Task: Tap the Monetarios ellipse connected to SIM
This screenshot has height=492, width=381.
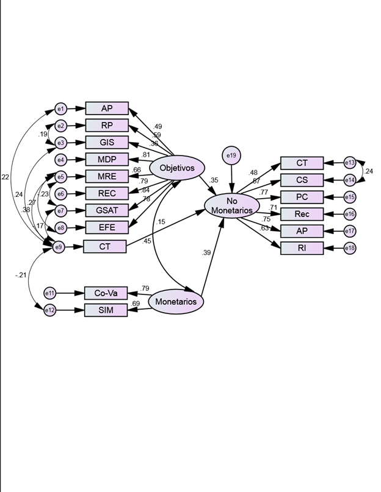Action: (x=176, y=301)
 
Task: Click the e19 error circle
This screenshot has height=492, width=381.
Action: (x=231, y=156)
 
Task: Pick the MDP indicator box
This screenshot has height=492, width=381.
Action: (x=107, y=160)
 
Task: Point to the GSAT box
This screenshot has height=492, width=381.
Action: (x=107, y=210)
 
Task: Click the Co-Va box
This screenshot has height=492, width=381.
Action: (x=106, y=293)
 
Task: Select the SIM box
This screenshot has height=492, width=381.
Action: (x=106, y=310)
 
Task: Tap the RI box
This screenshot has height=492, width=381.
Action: (x=302, y=248)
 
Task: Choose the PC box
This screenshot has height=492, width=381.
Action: (x=302, y=197)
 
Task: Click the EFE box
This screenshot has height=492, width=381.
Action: (x=107, y=227)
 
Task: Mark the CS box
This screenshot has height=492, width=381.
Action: (x=302, y=180)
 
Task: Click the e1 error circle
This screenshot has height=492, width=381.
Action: (x=60, y=109)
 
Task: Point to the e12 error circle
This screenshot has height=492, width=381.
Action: (x=50, y=310)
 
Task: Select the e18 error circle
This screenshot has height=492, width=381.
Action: (x=350, y=248)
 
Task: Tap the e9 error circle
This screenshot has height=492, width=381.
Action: (x=59, y=247)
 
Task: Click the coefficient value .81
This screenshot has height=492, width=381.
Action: (x=146, y=155)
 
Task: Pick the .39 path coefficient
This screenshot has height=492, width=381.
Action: (x=206, y=253)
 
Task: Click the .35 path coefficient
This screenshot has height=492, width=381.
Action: (x=213, y=180)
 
